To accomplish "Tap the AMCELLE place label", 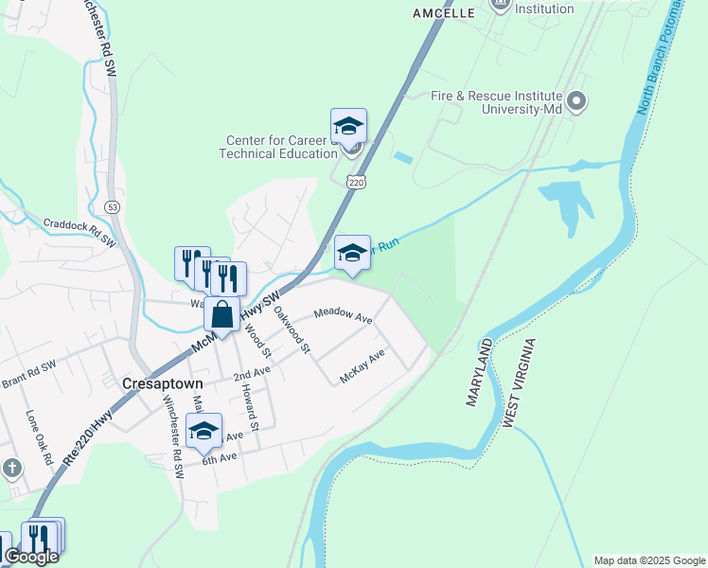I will point(443,13).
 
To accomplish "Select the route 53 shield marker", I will point(113,205).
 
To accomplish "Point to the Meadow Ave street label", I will point(343,315).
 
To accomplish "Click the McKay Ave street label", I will point(363,366).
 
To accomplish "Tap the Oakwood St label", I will point(292,328).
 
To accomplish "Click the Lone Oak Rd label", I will point(39,436).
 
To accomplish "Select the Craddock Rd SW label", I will point(80,233).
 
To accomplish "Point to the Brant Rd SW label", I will point(28,375).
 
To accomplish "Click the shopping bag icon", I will point(221,314).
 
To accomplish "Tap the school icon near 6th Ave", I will point(204,431).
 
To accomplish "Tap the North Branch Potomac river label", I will point(660,57).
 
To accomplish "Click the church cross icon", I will point(11,469).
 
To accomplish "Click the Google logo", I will point(31,557).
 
